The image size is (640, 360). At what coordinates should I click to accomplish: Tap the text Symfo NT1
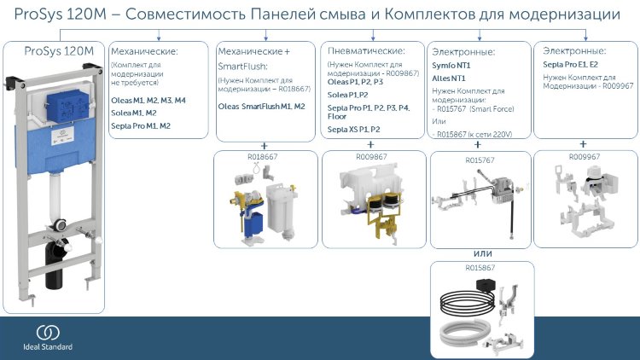pyautogui.click(x=452, y=65)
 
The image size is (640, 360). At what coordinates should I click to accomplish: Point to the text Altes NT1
pyautogui.click(x=451, y=78)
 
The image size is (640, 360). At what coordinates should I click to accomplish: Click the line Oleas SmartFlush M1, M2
pyautogui.click(x=261, y=107)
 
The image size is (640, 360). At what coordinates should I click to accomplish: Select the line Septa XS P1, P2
pyautogui.click(x=354, y=129)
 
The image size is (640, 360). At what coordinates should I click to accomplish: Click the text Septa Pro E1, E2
pyautogui.click(x=571, y=65)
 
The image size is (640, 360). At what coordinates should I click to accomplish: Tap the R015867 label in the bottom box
pyautogui.click(x=481, y=268)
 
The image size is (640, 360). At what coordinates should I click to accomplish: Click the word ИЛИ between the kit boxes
pyautogui.click(x=484, y=253)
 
